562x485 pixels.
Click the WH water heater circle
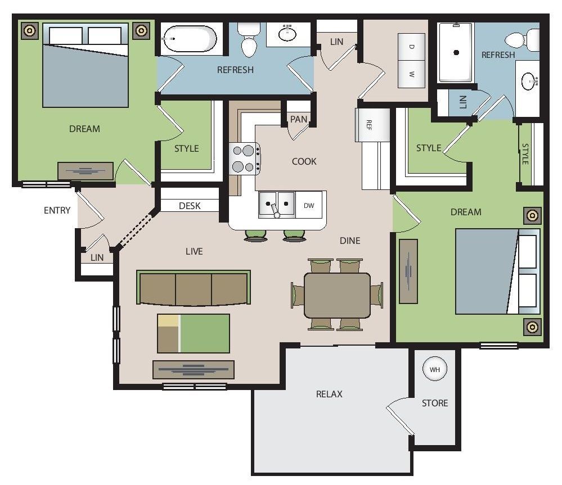(434, 369)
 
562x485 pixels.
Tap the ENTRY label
(57, 210)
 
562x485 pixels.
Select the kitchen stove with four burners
(245, 158)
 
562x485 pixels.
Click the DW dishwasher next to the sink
(309, 206)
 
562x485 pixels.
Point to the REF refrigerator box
(372, 125)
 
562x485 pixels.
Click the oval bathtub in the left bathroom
(190, 38)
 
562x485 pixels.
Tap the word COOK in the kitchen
(304, 162)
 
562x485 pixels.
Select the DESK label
(190, 206)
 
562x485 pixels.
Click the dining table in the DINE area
(337, 295)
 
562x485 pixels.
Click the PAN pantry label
(299, 119)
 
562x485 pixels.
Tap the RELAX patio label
(329, 394)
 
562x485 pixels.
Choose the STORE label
(435, 404)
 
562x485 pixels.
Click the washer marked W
(411, 74)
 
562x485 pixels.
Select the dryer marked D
(411, 47)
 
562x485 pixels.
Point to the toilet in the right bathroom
(522, 40)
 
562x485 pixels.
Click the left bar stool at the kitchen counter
(255, 236)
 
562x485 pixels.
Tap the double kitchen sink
(277, 205)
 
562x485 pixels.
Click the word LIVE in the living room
(194, 252)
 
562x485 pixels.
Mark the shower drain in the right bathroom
(456, 53)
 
